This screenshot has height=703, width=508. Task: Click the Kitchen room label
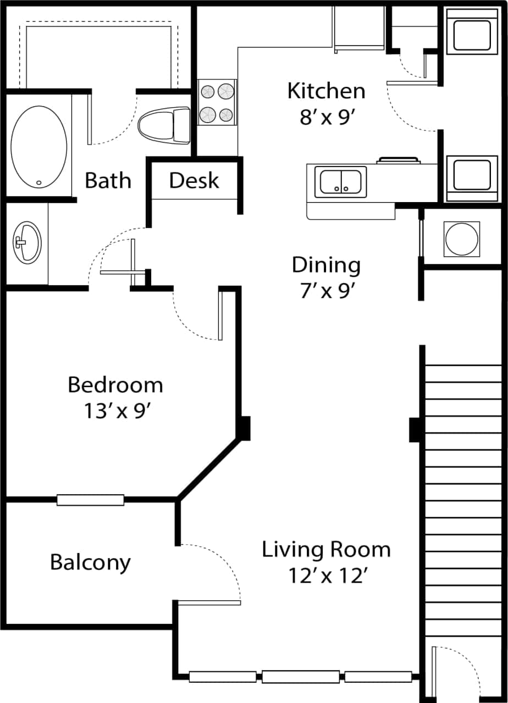(326, 91)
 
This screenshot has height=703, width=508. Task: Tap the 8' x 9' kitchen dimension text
(326, 117)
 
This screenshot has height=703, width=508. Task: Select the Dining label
(326, 265)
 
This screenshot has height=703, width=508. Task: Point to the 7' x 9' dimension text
(326, 291)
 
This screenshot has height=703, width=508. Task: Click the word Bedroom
(115, 385)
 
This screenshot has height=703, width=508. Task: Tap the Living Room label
(326, 550)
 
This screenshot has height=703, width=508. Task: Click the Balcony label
(90, 562)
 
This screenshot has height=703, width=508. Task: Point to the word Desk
(194, 181)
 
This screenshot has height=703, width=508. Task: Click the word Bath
(108, 181)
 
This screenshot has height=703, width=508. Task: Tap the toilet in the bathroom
(164, 123)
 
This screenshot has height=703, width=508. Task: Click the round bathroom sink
(26, 242)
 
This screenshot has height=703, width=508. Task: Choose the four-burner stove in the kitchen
(217, 102)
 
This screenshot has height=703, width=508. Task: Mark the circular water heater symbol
(461, 239)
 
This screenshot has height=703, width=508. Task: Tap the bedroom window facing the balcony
(90, 500)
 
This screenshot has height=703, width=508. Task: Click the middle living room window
(300, 677)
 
